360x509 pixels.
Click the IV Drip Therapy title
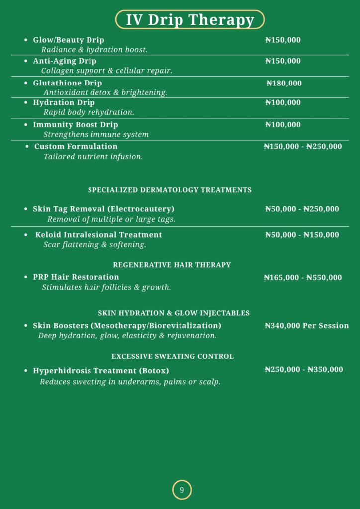click(x=189, y=20)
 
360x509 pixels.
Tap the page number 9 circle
click(x=182, y=490)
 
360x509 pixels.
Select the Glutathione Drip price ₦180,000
click(x=283, y=84)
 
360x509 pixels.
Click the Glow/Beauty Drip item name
click(x=69, y=40)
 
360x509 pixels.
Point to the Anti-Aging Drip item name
click(x=65, y=61)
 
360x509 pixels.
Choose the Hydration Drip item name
click(x=64, y=103)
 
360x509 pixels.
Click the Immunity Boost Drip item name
click(x=76, y=125)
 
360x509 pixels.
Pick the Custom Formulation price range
click(x=302, y=147)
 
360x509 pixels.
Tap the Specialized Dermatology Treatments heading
click(x=170, y=190)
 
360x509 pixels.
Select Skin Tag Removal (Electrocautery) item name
click(x=103, y=209)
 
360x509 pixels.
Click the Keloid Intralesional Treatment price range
click(x=302, y=235)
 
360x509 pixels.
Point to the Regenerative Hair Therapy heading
click(x=172, y=265)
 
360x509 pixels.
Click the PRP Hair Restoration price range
click(x=302, y=278)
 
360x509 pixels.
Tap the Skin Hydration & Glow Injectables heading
click(x=174, y=313)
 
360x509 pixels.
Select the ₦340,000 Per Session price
click(x=306, y=326)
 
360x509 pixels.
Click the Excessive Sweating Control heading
click(x=173, y=357)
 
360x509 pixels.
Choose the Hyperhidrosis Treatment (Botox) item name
click(x=101, y=371)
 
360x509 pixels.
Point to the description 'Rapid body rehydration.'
click(x=89, y=112)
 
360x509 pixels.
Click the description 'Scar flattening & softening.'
click(x=94, y=245)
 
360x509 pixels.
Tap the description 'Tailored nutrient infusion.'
click(x=93, y=157)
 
